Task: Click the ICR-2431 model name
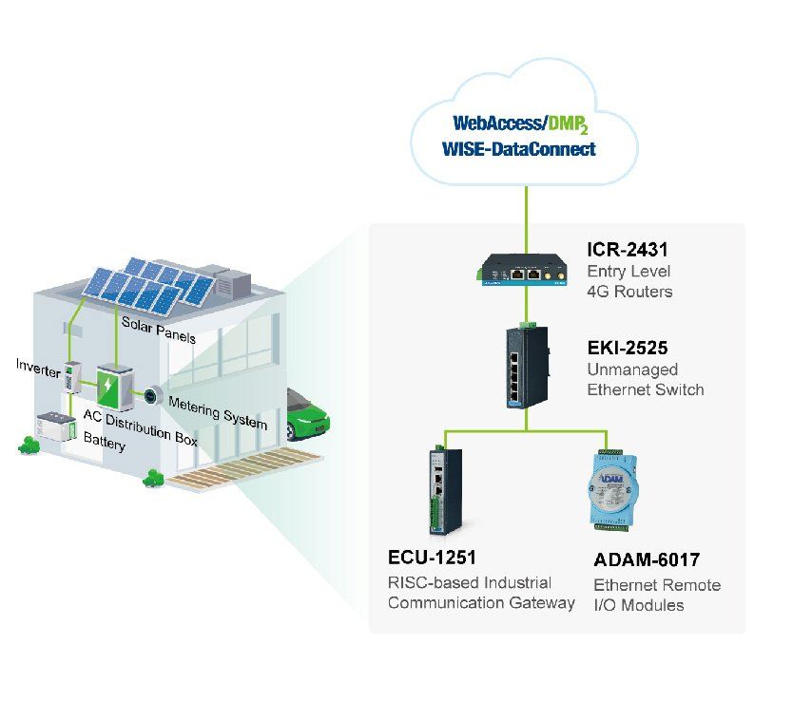(628, 249)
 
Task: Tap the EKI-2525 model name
(628, 348)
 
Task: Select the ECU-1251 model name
(432, 558)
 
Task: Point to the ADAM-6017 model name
(647, 559)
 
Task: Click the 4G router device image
(522, 271)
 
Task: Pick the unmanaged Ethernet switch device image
(527, 367)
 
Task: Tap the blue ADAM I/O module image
(613, 489)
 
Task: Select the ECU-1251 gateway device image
(446, 490)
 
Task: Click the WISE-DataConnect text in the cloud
(519, 149)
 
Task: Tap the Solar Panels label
(158, 331)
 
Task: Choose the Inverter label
(38, 368)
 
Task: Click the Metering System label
(218, 413)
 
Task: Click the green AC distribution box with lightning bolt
(115, 387)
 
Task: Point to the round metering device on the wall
(152, 396)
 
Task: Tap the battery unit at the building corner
(56, 426)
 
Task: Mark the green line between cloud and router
(526, 219)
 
